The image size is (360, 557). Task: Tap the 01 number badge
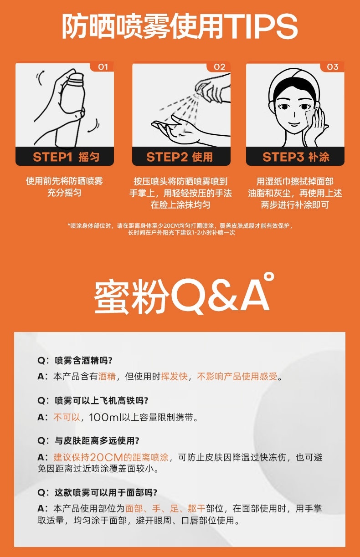(103, 67)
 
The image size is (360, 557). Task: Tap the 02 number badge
(219, 67)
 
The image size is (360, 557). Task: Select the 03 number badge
(333, 67)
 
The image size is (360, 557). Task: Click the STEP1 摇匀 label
(66, 157)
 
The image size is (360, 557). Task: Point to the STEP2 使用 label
(180, 157)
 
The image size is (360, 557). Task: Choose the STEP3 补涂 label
(296, 157)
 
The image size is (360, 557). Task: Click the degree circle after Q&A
(269, 277)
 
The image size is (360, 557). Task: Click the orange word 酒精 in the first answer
(107, 376)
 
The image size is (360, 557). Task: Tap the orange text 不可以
(67, 417)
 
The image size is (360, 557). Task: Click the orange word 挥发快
(175, 376)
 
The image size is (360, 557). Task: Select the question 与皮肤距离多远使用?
(97, 441)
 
